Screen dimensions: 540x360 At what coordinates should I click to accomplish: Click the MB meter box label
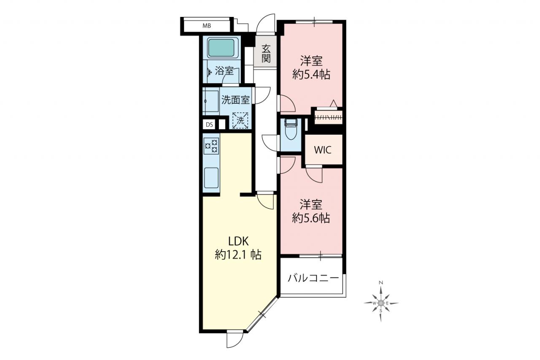(x=207, y=26)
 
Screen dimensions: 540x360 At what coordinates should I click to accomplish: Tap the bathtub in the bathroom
(x=221, y=47)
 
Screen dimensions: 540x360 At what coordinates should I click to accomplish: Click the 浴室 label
(x=224, y=71)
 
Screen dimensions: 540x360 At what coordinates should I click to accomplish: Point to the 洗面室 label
(x=235, y=100)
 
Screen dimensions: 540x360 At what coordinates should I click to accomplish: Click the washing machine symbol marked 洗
(x=240, y=120)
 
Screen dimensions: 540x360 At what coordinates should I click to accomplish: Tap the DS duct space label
(x=209, y=125)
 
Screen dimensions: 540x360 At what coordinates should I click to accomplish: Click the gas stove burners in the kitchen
(x=211, y=146)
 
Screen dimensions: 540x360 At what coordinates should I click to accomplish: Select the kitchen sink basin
(x=211, y=178)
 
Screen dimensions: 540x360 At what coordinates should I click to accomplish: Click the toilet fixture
(x=291, y=129)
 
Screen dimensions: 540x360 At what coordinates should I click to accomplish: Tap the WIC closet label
(x=323, y=150)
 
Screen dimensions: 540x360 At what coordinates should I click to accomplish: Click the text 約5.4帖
(x=311, y=75)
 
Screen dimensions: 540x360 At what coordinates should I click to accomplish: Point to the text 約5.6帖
(x=311, y=218)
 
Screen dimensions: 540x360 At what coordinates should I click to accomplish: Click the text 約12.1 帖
(x=238, y=254)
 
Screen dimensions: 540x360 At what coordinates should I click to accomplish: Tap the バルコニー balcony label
(x=313, y=279)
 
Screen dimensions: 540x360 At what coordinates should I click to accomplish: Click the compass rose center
(x=381, y=303)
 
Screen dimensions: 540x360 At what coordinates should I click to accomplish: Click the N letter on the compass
(x=381, y=282)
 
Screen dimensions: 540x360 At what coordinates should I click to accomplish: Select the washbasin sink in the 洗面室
(x=211, y=101)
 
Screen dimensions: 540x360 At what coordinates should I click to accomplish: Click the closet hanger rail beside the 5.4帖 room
(x=328, y=118)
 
